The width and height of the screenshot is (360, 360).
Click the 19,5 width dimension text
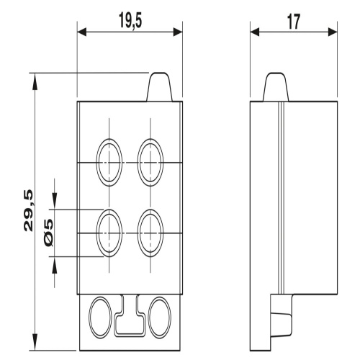click(x=130, y=21)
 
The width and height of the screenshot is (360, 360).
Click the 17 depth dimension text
click(x=294, y=22)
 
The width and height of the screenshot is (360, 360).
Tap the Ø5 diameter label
click(x=49, y=233)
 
